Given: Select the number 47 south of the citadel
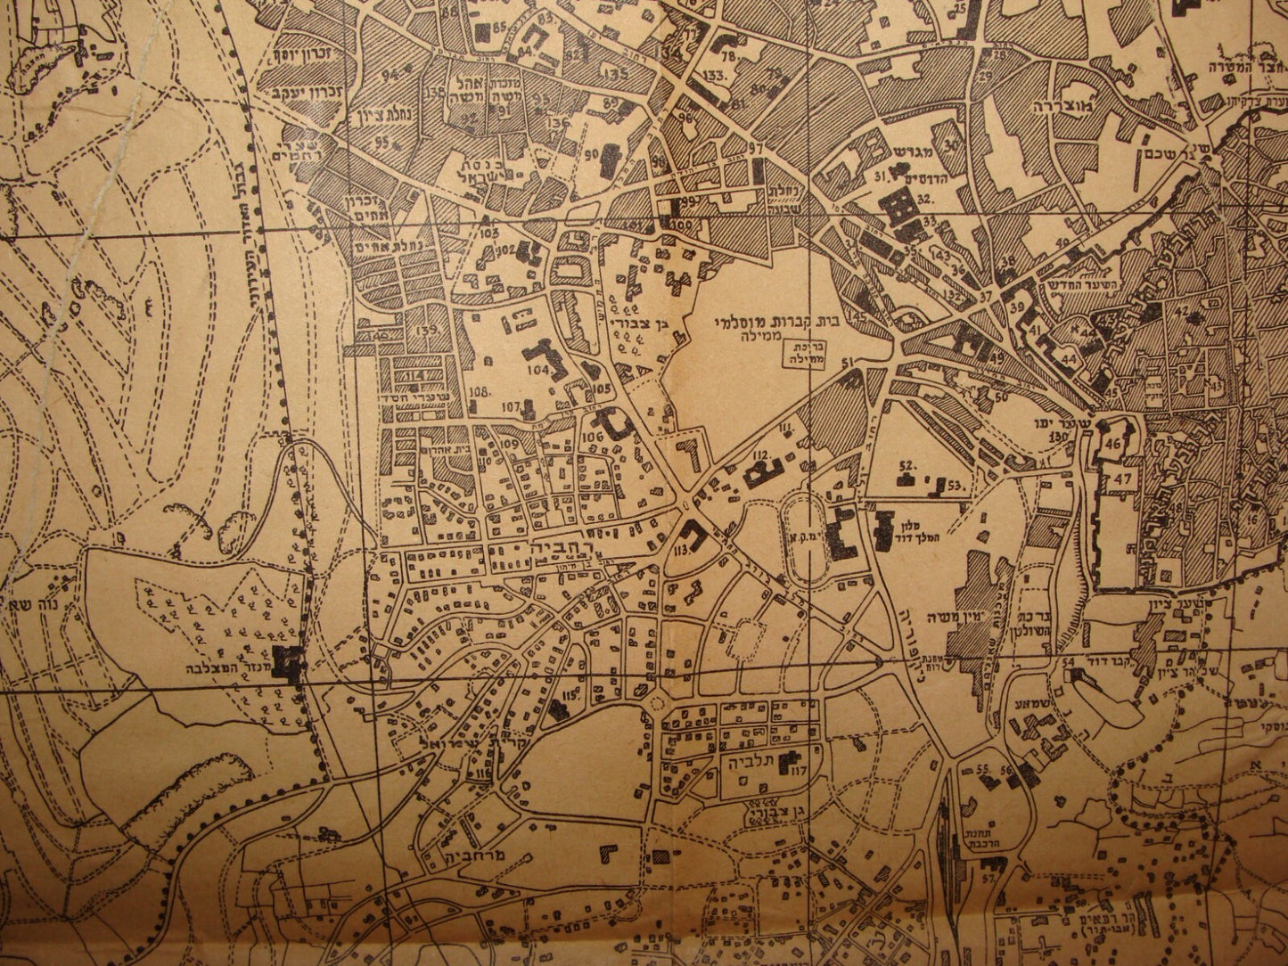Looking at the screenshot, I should click(x=1120, y=479).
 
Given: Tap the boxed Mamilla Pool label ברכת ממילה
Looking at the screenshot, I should click(x=801, y=354).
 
